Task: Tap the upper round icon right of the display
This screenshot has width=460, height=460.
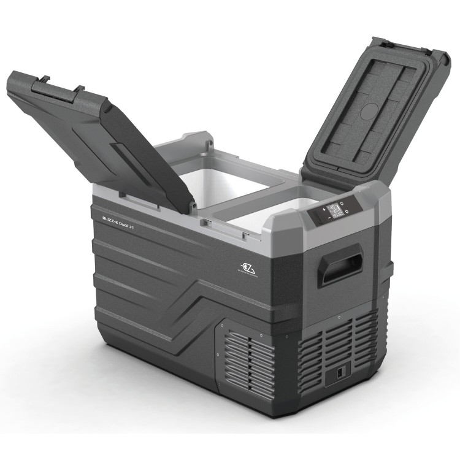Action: pos(348,203)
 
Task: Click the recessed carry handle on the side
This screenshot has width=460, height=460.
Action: pos(341,264)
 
